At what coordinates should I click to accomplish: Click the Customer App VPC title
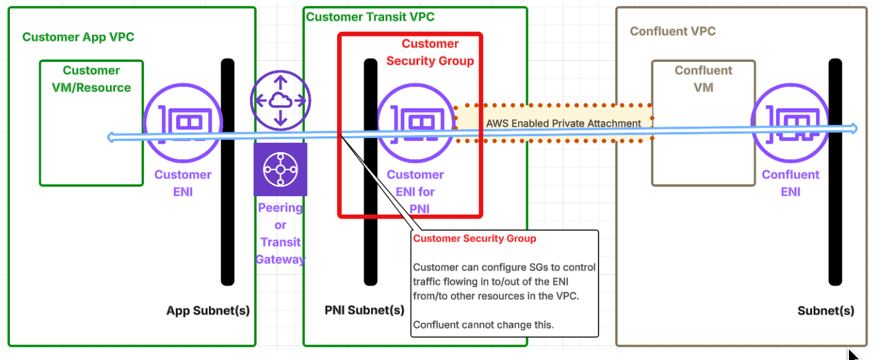(x=78, y=37)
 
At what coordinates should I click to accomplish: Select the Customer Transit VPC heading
(x=370, y=17)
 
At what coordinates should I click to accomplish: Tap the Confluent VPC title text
(x=673, y=32)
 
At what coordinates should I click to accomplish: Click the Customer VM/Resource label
(x=92, y=79)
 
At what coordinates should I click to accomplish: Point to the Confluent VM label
(x=704, y=79)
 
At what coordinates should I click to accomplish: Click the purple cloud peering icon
(x=281, y=100)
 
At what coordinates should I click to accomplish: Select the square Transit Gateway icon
(x=281, y=169)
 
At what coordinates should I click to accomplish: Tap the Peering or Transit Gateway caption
(x=281, y=234)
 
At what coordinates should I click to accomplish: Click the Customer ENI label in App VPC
(x=183, y=183)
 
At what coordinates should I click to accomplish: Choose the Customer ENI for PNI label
(x=416, y=192)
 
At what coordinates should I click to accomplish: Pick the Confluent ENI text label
(x=791, y=183)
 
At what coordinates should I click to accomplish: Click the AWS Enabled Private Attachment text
(x=563, y=123)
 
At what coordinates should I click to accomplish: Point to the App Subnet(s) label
(x=208, y=311)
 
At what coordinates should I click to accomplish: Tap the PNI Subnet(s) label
(x=365, y=310)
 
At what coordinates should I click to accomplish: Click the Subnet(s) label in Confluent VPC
(x=826, y=311)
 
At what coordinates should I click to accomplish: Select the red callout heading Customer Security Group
(x=475, y=239)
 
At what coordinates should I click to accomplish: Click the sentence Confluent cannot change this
(x=484, y=325)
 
